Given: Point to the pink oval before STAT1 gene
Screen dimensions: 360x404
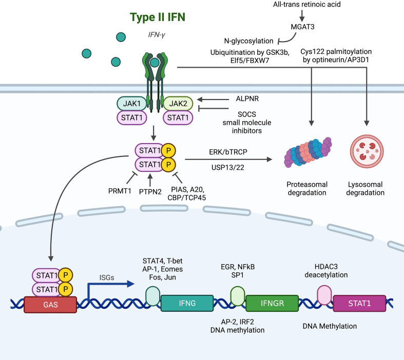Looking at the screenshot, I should (x=324, y=295).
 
